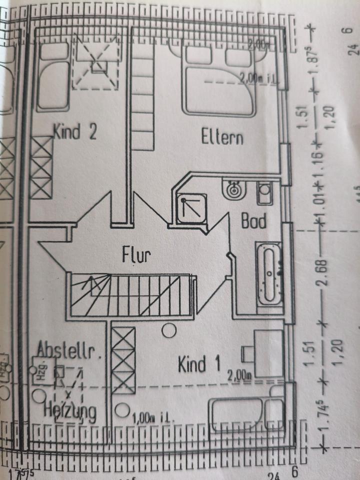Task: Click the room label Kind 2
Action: click(75, 132)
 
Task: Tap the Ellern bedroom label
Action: click(222, 136)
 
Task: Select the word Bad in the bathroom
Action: click(253, 220)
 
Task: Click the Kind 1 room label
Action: click(199, 364)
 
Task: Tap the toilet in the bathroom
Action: click(264, 192)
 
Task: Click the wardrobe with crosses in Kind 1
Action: click(123, 359)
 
